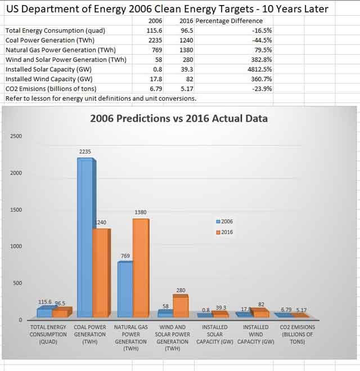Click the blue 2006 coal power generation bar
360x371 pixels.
pyautogui.click(x=85, y=236)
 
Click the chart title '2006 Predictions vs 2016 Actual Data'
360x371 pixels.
pyautogui.click(x=179, y=119)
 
